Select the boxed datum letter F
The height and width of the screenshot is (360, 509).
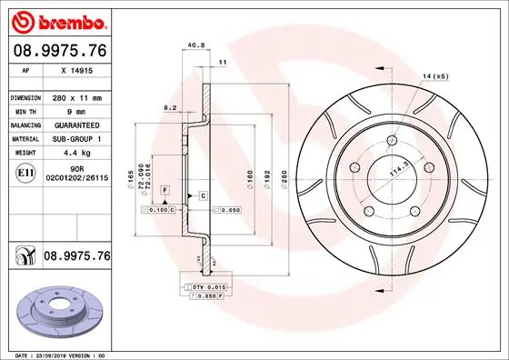(165, 188)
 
